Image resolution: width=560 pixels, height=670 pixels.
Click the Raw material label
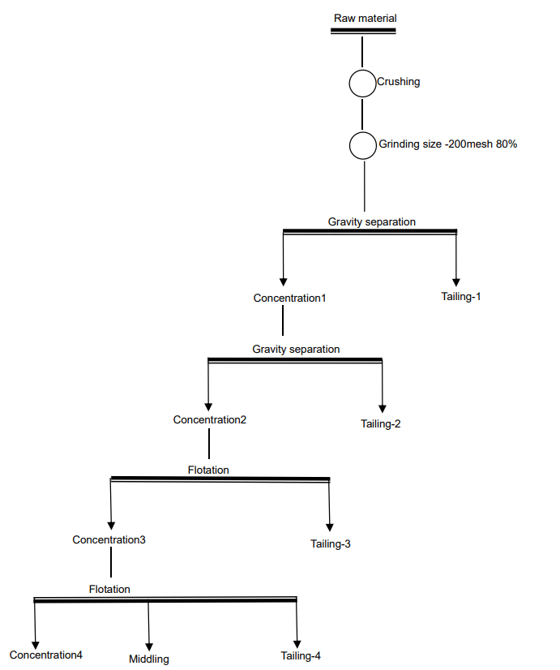tap(365, 19)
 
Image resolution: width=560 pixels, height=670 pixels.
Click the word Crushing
tap(398, 82)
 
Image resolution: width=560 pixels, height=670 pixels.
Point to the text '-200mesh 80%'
tap(481, 144)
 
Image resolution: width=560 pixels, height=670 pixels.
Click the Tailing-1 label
tap(461, 297)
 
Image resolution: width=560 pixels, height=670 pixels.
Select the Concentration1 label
tap(289, 298)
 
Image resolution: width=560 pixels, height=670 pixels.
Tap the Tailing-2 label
tap(381, 424)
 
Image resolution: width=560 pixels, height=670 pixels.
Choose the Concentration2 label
tap(210, 419)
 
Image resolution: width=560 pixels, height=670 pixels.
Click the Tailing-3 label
tap(331, 544)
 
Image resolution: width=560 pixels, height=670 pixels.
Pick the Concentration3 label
tap(109, 539)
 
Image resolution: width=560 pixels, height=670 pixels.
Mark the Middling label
tap(149, 659)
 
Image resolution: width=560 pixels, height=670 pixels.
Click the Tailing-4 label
tap(301, 655)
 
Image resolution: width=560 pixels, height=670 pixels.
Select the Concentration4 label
tap(45, 655)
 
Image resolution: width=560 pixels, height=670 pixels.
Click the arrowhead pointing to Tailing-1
tap(455, 282)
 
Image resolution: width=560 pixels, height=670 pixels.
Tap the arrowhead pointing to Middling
tap(149, 646)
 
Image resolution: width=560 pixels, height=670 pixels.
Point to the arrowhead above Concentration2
tap(208, 407)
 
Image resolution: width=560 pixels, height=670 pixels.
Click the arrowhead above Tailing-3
tap(330, 527)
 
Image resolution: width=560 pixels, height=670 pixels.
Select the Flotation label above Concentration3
tap(208, 470)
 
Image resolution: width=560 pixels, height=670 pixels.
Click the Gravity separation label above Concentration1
tap(372, 221)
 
